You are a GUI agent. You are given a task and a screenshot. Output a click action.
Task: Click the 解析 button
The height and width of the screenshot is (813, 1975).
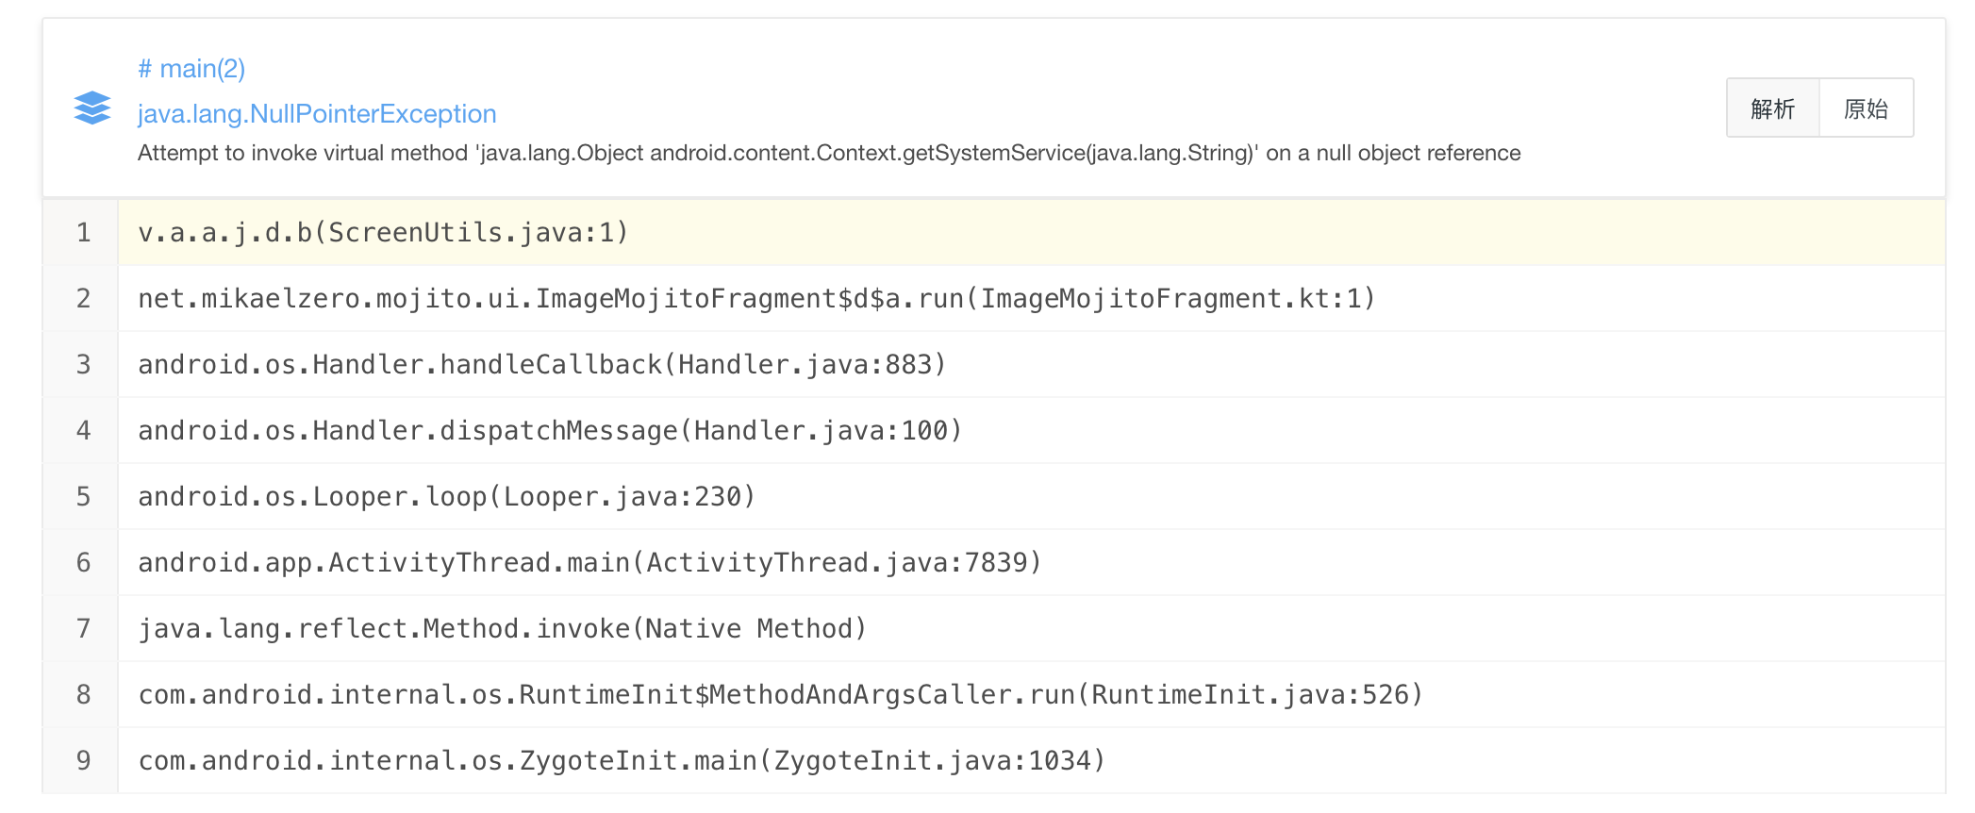(1772, 108)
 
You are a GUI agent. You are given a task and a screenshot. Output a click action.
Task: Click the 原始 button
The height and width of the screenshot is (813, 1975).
(1866, 108)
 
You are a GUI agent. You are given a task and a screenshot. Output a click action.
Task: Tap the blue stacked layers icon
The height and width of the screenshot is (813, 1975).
(92, 108)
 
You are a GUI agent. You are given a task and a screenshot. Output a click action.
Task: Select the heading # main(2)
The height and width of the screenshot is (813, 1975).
(191, 69)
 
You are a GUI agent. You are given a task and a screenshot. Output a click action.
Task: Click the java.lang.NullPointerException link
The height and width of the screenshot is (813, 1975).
(317, 114)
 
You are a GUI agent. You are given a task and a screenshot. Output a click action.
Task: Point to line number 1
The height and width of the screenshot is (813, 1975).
(83, 232)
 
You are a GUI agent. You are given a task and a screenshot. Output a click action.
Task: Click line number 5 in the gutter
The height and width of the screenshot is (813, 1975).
(83, 496)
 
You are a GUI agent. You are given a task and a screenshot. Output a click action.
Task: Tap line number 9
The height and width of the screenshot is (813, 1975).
(83, 760)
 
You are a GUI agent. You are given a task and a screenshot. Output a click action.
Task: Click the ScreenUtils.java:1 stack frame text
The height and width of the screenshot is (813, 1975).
(383, 232)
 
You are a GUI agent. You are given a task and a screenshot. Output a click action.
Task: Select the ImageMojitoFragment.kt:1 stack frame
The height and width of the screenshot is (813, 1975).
(756, 298)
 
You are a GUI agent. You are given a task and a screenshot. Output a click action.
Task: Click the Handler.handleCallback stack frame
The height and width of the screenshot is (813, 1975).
(541, 364)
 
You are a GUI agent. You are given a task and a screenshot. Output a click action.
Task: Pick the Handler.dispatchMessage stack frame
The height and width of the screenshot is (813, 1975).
(549, 430)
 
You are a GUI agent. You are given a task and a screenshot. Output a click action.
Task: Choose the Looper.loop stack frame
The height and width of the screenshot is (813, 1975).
(446, 496)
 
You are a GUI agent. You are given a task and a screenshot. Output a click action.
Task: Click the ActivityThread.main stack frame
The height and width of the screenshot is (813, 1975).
(589, 562)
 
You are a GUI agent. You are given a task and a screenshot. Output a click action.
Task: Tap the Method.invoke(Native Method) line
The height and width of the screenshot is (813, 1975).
(502, 628)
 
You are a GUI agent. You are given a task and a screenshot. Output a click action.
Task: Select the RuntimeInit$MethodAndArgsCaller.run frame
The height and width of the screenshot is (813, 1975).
(780, 694)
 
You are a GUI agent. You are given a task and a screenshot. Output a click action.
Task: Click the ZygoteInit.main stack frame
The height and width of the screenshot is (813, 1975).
(622, 760)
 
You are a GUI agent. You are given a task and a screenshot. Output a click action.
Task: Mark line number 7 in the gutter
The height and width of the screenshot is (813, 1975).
(83, 628)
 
